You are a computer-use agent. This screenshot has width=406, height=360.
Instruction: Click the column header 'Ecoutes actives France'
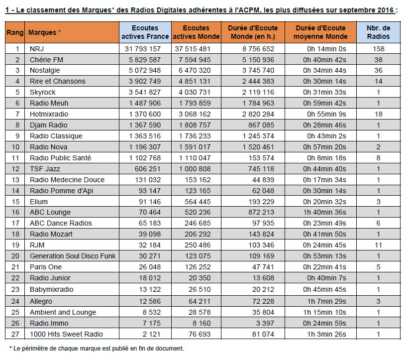tap(145, 32)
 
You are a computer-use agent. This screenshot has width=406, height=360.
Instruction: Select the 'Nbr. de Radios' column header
tap(378, 32)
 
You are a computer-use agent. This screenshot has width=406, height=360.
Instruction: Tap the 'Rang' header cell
tap(15, 32)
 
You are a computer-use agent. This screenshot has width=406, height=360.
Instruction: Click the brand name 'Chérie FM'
tap(46, 60)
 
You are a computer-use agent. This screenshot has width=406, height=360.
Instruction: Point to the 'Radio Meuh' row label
tap(49, 103)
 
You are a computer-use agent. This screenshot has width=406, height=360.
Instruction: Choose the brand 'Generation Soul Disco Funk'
tap(73, 256)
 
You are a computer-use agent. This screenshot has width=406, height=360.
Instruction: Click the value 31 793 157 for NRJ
tap(143, 49)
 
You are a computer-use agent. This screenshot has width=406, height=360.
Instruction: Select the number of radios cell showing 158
tap(378, 49)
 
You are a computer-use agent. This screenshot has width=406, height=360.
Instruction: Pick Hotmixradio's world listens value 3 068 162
tap(195, 114)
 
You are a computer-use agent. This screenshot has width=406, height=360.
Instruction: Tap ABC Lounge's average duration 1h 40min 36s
tap(325, 212)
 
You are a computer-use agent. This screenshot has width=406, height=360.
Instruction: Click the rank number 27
tap(15, 334)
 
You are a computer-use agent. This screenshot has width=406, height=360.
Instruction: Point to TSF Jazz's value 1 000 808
tap(195, 169)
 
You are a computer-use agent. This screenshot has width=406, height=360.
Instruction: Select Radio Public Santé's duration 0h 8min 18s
tap(326, 158)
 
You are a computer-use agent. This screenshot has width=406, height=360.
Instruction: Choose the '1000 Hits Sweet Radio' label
tap(66, 334)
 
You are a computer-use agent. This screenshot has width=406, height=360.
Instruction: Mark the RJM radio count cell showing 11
tap(378, 245)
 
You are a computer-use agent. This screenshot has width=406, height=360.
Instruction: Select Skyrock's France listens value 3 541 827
tap(145, 92)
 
